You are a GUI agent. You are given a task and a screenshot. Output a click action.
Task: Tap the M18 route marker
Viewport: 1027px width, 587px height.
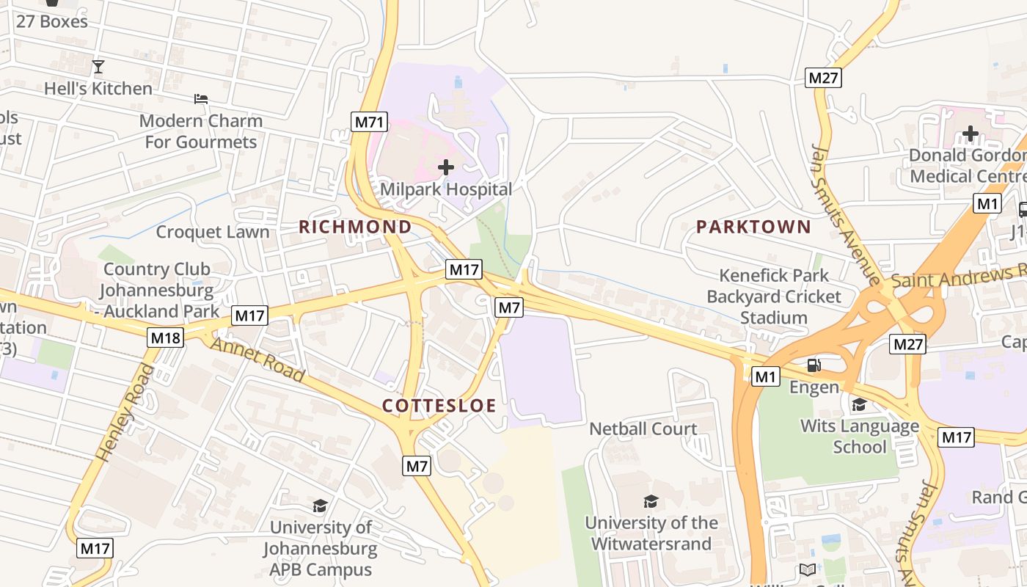pyautogui.click(x=165, y=338)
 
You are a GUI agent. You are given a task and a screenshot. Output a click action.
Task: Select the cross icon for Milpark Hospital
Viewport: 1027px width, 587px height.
pyautogui.click(x=445, y=167)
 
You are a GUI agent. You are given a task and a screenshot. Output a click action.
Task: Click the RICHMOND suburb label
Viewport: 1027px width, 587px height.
pyautogui.click(x=355, y=227)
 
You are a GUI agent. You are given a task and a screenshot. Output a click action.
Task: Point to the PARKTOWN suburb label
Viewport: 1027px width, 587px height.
pyautogui.click(x=753, y=227)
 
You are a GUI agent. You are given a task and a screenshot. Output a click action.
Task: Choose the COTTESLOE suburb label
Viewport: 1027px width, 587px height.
pyautogui.click(x=439, y=406)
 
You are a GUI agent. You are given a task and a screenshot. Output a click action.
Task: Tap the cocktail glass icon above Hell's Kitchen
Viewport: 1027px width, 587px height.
pyautogui.click(x=98, y=67)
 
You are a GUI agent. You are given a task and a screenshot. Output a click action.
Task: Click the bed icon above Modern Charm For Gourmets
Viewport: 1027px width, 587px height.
pyautogui.click(x=201, y=98)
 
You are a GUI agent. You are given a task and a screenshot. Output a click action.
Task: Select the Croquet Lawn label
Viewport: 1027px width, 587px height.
pyautogui.click(x=213, y=232)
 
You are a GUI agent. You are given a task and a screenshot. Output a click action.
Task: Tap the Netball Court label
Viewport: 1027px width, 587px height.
pyautogui.click(x=643, y=429)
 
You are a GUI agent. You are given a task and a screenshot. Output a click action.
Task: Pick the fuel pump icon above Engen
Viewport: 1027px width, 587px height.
pyautogui.click(x=814, y=365)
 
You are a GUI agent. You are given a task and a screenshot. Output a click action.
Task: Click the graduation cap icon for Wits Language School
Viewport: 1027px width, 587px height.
pyautogui.click(x=859, y=404)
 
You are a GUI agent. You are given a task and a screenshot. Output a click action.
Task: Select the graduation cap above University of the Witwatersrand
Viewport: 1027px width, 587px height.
pyautogui.click(x=651, y=501)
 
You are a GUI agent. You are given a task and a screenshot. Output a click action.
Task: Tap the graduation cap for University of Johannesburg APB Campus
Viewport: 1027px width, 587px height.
pyautogui.click(x=320, y=506)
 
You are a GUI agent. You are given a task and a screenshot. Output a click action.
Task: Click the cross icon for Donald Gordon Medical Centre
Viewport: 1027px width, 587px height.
pyautogui.click(x=970, y=134)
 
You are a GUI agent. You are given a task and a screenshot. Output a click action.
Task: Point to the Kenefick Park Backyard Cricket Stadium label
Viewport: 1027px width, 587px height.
pyautogui.click(x=774, y=296)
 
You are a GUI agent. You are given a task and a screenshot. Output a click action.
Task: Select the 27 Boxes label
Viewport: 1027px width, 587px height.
pyautogui.click(x=51, y=21)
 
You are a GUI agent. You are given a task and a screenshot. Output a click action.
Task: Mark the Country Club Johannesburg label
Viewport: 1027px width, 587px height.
pyautogui.click(x=156, y=290)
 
